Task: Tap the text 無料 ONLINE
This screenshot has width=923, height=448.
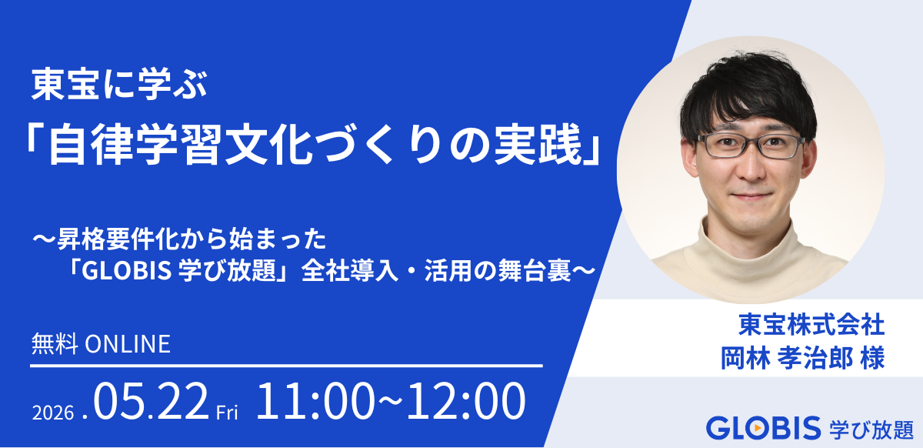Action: tap(100, 344)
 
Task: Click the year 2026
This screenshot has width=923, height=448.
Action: tap(53, 412)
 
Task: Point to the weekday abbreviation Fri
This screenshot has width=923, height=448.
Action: tap(228, 412)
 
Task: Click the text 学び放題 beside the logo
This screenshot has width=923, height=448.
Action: tap(871, 428)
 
